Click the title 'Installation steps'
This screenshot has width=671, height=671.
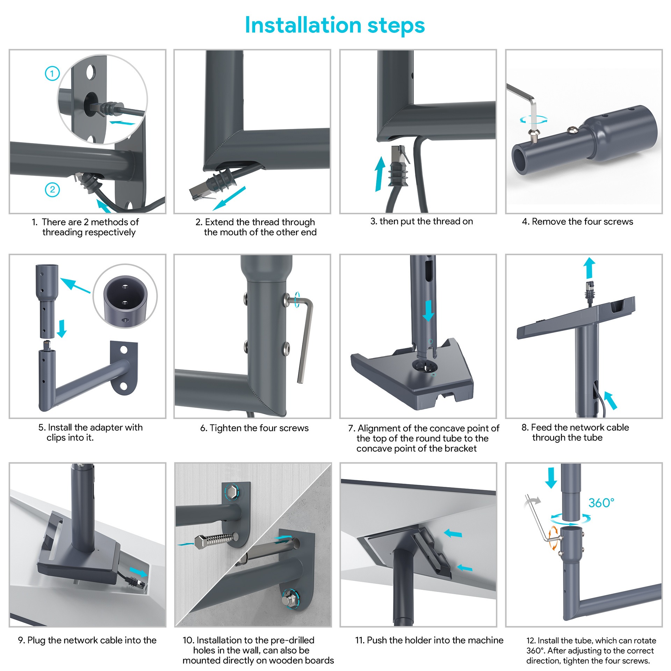tap(335, 26)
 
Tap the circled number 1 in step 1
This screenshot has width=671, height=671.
tap(52, 73)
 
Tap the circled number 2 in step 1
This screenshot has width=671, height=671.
tap(52, 190)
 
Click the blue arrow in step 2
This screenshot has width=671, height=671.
tap(229, 198)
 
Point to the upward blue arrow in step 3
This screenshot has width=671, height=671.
tap(380, 174)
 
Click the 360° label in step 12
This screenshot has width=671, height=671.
tap(601, 503)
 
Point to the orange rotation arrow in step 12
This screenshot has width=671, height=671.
tap(553, 538)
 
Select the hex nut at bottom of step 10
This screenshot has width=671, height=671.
tap(290, 599)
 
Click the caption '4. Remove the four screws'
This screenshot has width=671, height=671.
tap(577, 222)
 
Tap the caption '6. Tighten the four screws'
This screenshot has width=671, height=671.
tap(254, 428)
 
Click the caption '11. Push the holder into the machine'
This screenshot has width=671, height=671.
tap(429, 640)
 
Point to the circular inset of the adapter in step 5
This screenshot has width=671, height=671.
tap(125, 296)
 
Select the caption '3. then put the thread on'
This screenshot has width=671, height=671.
tap(421, 221)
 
